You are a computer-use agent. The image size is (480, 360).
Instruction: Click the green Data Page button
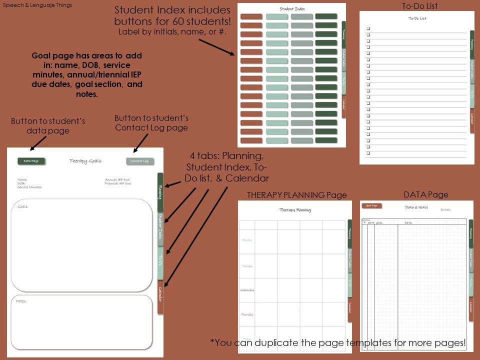click(x=31, y=161)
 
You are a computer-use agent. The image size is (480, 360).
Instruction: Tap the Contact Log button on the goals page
click(x=140, y=161)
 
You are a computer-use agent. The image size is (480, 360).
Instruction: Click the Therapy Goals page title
click(x=85, y=161)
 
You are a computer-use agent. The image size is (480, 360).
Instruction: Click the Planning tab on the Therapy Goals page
click(x=160, y=192)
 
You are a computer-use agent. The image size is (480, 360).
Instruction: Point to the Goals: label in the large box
click(x=22, y=206)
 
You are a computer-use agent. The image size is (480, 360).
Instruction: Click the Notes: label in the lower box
click(x=21, y=301)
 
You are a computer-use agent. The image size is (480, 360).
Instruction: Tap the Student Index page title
click(x=292, y=9)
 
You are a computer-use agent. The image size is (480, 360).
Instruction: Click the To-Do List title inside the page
click(x=417, y=18)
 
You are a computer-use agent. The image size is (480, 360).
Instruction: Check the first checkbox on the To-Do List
click(x=368, y=29)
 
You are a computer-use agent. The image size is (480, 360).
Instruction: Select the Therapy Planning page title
click(x=295, y=210)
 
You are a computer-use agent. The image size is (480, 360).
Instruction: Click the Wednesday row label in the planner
click(x=247, y=290)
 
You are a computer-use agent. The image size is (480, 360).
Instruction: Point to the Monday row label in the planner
click(x=247, y=240)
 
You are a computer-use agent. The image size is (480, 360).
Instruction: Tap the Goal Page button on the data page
click(x=371, y=205)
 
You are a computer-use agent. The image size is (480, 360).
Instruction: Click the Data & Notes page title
click(x=416, y=207)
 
